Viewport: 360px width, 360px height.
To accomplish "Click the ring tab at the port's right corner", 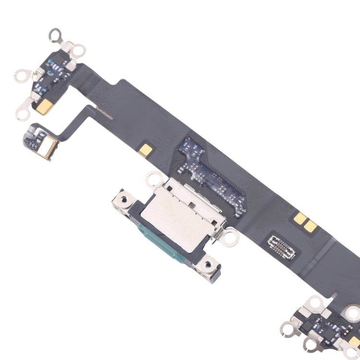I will click(x=230, y=235).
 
